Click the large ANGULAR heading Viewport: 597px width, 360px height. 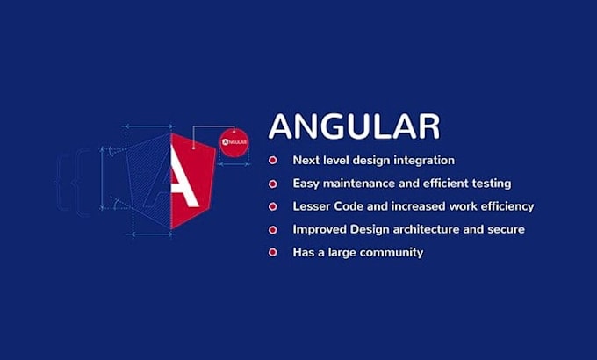[x=354, y=126]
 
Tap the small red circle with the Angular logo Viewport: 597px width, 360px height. [x=235, y=141]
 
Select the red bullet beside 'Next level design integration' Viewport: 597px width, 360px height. [x=274, y=161]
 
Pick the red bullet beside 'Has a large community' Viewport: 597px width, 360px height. [x=274, y=253]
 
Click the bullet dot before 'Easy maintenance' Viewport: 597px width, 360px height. [x=274, y=184]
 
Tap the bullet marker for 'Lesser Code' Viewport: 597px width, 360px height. [x=274, y=206]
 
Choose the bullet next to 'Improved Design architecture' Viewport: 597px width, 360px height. [x=274, y=229]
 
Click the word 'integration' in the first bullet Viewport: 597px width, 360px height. [x=424, y=161]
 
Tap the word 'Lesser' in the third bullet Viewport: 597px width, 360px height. [x=312, y=206]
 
